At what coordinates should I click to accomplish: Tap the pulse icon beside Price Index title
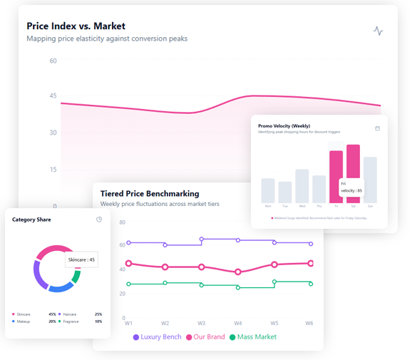click(378, 31)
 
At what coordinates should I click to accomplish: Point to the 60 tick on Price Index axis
click(53, 61)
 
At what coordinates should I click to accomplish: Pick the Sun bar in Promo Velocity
click(370, 180)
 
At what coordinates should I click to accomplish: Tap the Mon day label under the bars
click(268, 206)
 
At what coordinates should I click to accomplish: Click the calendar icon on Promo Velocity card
click(378, 128)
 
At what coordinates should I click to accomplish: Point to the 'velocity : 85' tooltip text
click(351, 190)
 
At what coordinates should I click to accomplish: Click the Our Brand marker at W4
click(238, 272)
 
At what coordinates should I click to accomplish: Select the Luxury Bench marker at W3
click(202, 240)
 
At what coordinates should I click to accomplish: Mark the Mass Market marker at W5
click(274, 282)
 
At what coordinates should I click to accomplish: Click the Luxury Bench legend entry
click(157, 336)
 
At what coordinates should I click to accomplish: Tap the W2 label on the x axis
click(165, 323)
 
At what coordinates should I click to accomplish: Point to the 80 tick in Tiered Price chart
click(122, 222)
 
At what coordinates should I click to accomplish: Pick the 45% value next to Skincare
click(52, 314)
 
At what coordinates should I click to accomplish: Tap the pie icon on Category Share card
click(99, 220)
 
